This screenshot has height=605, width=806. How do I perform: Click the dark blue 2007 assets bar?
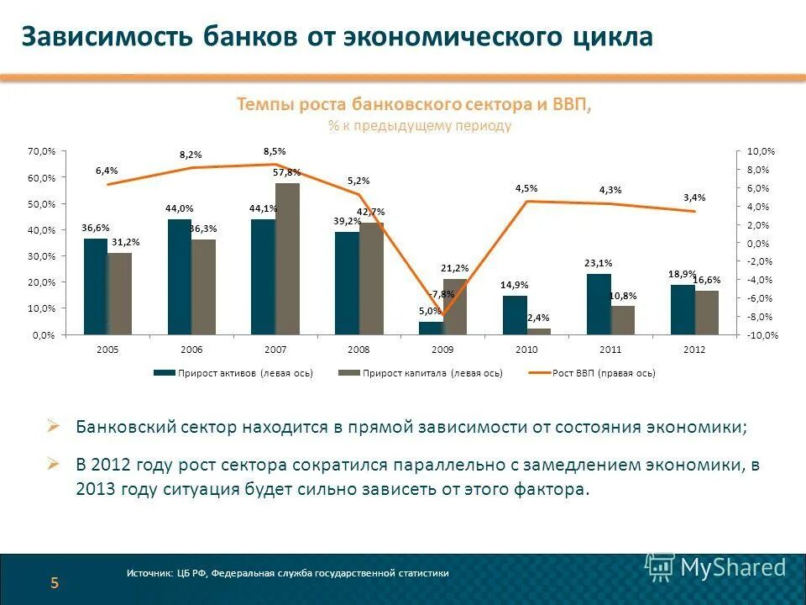click(263, 277)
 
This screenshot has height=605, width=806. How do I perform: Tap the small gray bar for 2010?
click(539, 331)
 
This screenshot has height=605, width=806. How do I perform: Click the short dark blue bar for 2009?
click(431, 328)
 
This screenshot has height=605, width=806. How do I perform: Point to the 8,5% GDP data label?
click(275, 151)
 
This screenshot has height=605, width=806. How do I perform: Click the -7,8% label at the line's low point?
click(442, 294)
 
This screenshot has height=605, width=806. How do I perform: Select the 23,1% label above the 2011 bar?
click(599, 263)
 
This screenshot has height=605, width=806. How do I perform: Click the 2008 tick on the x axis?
click(359, 349)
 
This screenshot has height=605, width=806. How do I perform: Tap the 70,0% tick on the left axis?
click(41, 151)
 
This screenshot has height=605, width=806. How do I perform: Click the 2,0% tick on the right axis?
click(758, 225)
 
